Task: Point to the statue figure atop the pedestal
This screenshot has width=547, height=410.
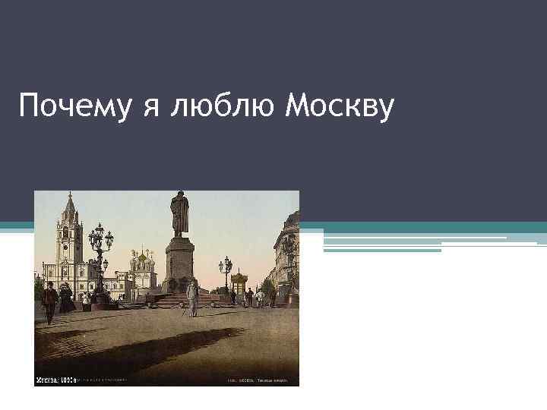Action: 179,213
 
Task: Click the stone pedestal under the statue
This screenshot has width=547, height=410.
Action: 179,262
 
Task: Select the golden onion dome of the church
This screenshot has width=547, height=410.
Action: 141,257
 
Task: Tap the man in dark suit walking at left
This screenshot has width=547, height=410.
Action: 49,301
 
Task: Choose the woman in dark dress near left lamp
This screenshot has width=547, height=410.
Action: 67,298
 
